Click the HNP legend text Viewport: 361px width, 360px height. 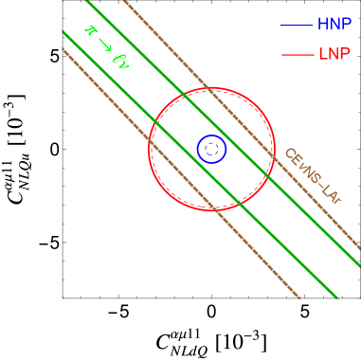click(x=334, y=25)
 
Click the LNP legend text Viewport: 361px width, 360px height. click(x=334, y=55)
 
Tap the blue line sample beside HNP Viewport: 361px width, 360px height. click(x=297, y=25)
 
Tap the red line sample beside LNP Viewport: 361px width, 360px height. click(x=297, y=55)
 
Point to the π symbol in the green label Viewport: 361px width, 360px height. click(x=91, y=31)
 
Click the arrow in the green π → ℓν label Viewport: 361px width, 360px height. click(x=105, y=45)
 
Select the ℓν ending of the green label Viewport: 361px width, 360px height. click(x=120, y=61)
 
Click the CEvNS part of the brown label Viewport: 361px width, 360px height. click(x=299, y=167)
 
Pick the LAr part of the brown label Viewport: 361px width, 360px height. click(x=331, y=195)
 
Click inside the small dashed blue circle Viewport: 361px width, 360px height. click(x=212, y=148)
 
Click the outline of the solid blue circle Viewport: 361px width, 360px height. click(x=197, y=149)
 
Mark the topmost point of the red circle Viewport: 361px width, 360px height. click(x=211, y=88)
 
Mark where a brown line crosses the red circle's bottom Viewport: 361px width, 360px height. click(x=216, y=209)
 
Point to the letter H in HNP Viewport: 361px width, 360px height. click(x=322, y=25)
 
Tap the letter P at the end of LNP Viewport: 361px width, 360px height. click(x=346, y=55)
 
